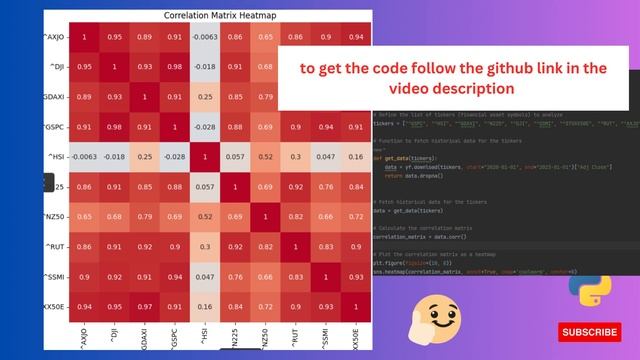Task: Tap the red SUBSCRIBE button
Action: click(x=589, y=331)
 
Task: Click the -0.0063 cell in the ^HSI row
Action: click(x=85, y=158)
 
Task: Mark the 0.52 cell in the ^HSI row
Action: click(x=265, y=158)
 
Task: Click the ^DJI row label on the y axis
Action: click(x=57, y=68)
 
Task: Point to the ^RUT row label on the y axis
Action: click(x=57, y=245)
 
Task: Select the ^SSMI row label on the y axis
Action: click(x=56, y=275)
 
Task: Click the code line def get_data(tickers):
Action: click(x=410, y=158)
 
